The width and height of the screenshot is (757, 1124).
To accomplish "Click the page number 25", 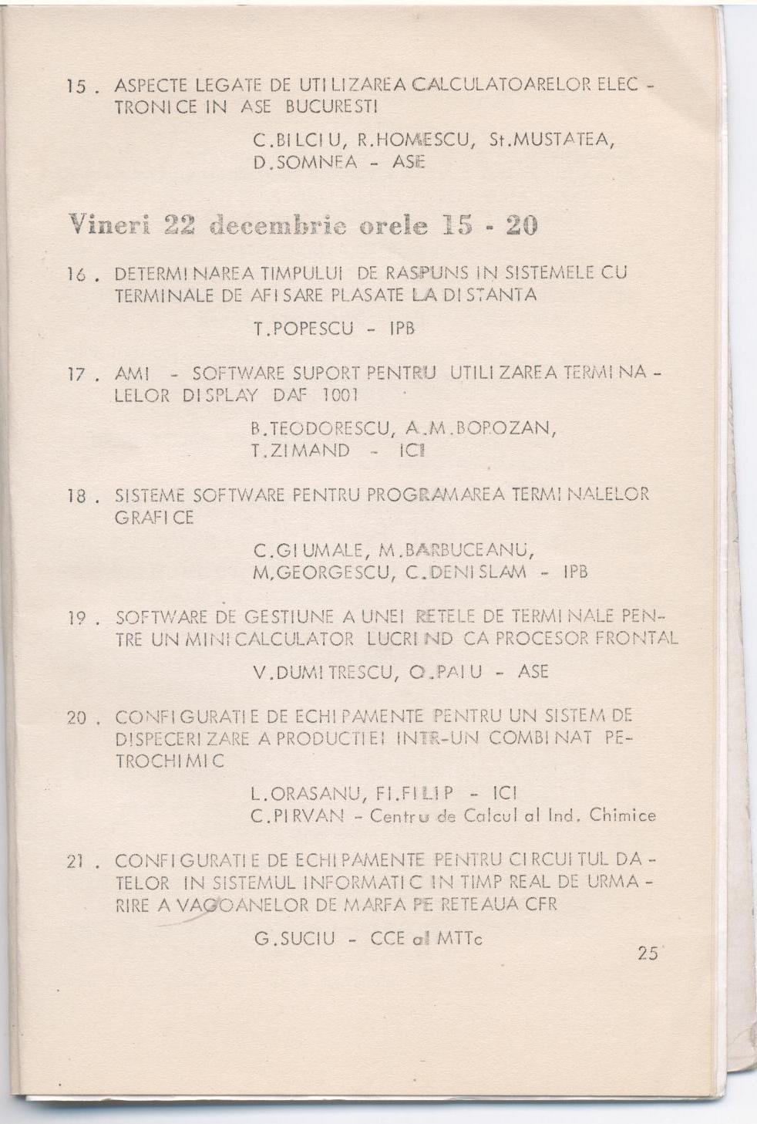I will pyautogui.click(x=648, y=953).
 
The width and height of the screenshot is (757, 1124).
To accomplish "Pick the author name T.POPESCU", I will pyautogui.click(x=303, y=329).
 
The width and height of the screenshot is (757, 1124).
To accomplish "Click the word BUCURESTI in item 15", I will pyautogui.click(x=330, y=107).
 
